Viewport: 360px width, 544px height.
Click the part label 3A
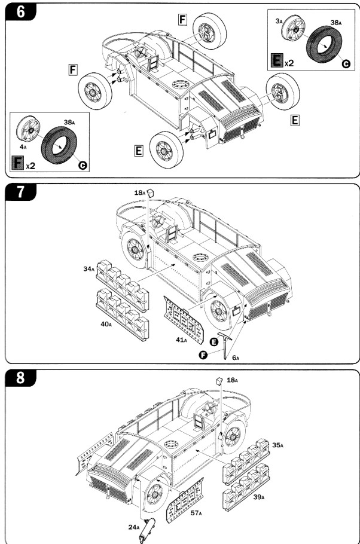(x=279, y=20)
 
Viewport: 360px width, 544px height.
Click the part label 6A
(x=236, y=357)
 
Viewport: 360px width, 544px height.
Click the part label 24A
(x=135, y=527)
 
